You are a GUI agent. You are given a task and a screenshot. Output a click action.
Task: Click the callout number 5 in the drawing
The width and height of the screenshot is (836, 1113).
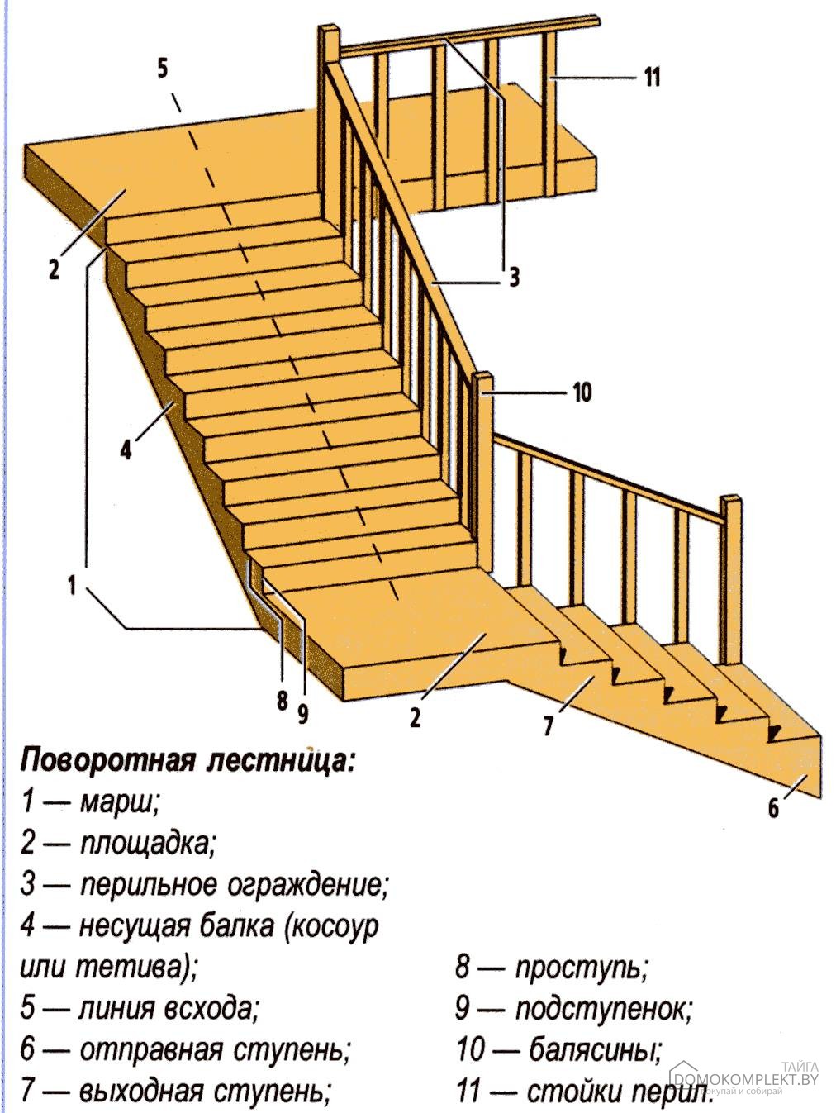click(162, 69)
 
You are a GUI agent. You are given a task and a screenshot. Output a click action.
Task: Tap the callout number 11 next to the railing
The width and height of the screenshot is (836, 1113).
click(652, 78)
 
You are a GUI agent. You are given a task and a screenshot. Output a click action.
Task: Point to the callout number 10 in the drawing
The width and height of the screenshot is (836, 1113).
click(582, 392)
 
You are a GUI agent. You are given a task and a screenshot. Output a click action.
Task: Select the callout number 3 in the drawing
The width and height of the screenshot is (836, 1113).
click(514, 278)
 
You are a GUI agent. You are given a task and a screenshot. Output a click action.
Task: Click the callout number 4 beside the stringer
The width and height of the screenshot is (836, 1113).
click(126, 449)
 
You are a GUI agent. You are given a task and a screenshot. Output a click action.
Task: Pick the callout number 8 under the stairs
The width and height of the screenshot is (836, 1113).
click(283, 702)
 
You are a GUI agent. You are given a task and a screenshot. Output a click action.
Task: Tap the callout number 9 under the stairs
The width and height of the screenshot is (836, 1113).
click(302, 714)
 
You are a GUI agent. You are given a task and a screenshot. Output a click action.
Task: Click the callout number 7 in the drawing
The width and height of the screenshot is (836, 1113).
click(548, 726)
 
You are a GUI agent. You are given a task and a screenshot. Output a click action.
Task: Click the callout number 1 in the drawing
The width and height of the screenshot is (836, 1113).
click(73, 586)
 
